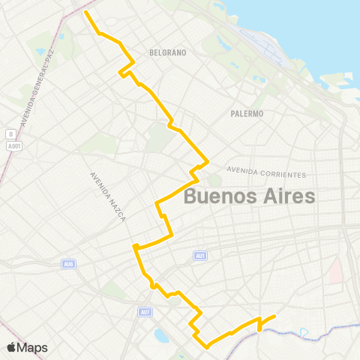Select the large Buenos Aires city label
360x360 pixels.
coord(249,197)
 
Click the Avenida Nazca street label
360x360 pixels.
coord(107,195)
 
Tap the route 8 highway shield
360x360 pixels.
coord(10,133)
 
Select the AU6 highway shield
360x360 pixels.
coord(68,263)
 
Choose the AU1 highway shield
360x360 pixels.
coord(199,256)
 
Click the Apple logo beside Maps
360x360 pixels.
coord(12,347)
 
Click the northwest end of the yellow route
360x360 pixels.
coord(86,12)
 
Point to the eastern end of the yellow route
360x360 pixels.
coord(274,316)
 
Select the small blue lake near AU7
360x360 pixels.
coord(161,334)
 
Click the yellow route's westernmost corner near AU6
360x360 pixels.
coord(133,246)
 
